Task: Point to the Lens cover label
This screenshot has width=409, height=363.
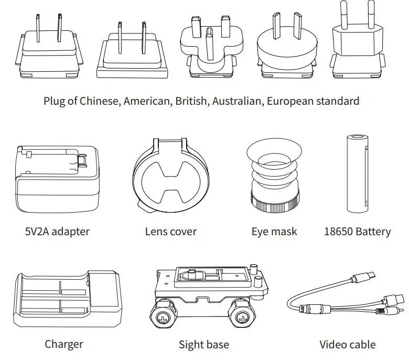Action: [x=170, y=231]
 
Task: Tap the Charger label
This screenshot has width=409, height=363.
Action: [x=63, y=344]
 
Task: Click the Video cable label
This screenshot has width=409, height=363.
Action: [x=347, y=344]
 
